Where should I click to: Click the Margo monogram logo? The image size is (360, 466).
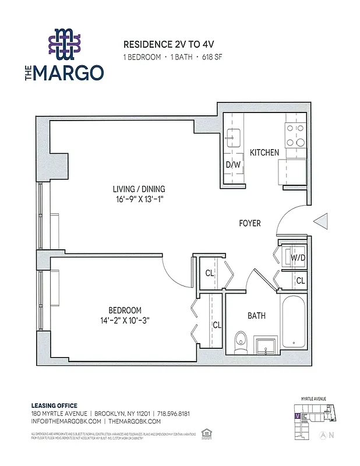(64, 45)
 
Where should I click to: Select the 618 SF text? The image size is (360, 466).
(211, 58)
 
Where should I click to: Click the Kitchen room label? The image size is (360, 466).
(264, 153)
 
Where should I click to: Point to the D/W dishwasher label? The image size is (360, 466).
(233, 165)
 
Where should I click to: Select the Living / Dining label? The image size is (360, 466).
(139, 189)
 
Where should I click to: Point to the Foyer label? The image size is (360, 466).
(250, 223)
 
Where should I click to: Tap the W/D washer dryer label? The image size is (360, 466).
(298, 257)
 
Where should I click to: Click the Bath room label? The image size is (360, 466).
(256, 316)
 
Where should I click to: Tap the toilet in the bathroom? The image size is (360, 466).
(240, 343)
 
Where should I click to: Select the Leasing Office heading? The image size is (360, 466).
(54, 405)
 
